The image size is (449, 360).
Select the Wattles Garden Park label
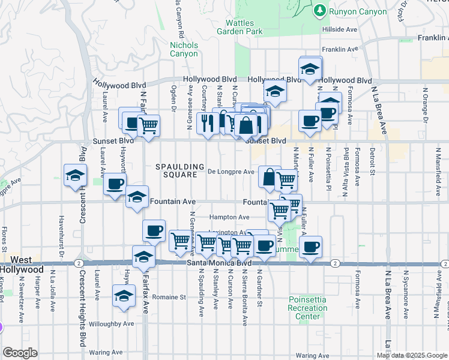[x=240, y=26]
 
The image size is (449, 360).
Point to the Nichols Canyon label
[x=184, y=49]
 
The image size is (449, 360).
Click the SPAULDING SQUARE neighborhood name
[x=176, y=170]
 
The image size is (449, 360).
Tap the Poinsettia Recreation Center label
[x=309, y=308]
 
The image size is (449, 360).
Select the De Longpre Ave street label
[x=231, y=172]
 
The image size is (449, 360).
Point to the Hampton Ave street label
[x=229, y=217]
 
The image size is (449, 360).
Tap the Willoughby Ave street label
[x=112, y=324]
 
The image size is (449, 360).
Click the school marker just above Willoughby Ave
[x=124, y=296]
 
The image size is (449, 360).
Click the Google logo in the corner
[x=20, y=353]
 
